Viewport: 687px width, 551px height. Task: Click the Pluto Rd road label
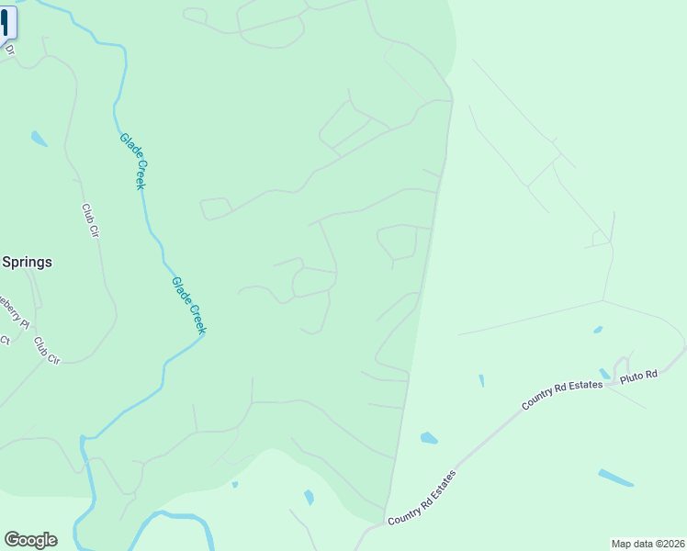point(640,376)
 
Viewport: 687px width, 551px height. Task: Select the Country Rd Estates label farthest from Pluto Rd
point(422,499)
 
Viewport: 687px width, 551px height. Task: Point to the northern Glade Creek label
point(133,161)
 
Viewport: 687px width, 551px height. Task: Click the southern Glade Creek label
point(189,305)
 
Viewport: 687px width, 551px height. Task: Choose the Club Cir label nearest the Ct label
point(46,350)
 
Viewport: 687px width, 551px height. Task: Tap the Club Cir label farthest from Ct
point(89,221)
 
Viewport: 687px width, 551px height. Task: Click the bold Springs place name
point(26,262)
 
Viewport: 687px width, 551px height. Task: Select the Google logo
point(30,540)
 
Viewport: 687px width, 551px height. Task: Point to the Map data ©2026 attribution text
point(648,543)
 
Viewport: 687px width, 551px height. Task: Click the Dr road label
point(10,51)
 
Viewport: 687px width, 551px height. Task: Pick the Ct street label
point(5,340)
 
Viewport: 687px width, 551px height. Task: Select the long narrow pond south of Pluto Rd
point(615,478)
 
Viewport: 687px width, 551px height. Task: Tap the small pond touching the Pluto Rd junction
point(604,374)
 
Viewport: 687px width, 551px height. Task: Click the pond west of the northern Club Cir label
point(39,139)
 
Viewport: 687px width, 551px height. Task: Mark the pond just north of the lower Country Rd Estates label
point(429,438)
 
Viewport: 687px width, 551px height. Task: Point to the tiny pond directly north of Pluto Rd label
point(598,330)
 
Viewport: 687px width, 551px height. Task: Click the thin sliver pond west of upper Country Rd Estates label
point(481,380)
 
